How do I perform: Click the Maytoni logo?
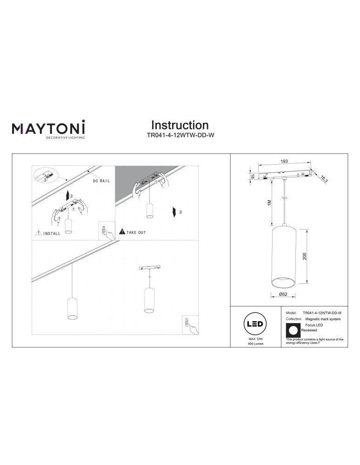pyautogui.click(x=48, y=129)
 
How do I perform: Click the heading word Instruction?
pyautogui.click(x=180, y=125)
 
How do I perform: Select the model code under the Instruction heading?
pyautogui.click(x=180, y=136)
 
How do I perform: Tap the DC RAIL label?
pyautogui.click(x=101, y=181)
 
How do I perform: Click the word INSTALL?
pyautogui.click(x=52, y=233)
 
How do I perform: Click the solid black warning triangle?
pyautogui.click(x=122, y=231)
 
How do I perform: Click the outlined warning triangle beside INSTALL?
pyautogui.click(x=38, y=233)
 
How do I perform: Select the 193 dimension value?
pyautogui.click(x=284, y=161)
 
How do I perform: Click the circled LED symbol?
pyautogui.click(x=255, y=324)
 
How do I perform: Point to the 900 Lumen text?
pyautogui.click(x=255, y=349)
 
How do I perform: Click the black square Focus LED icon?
pyautogui.click(x=293, y=330)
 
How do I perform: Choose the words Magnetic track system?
pyautogui.click(x=323, y=319)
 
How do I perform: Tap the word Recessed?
pyautogui.click(x=309, y=330)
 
